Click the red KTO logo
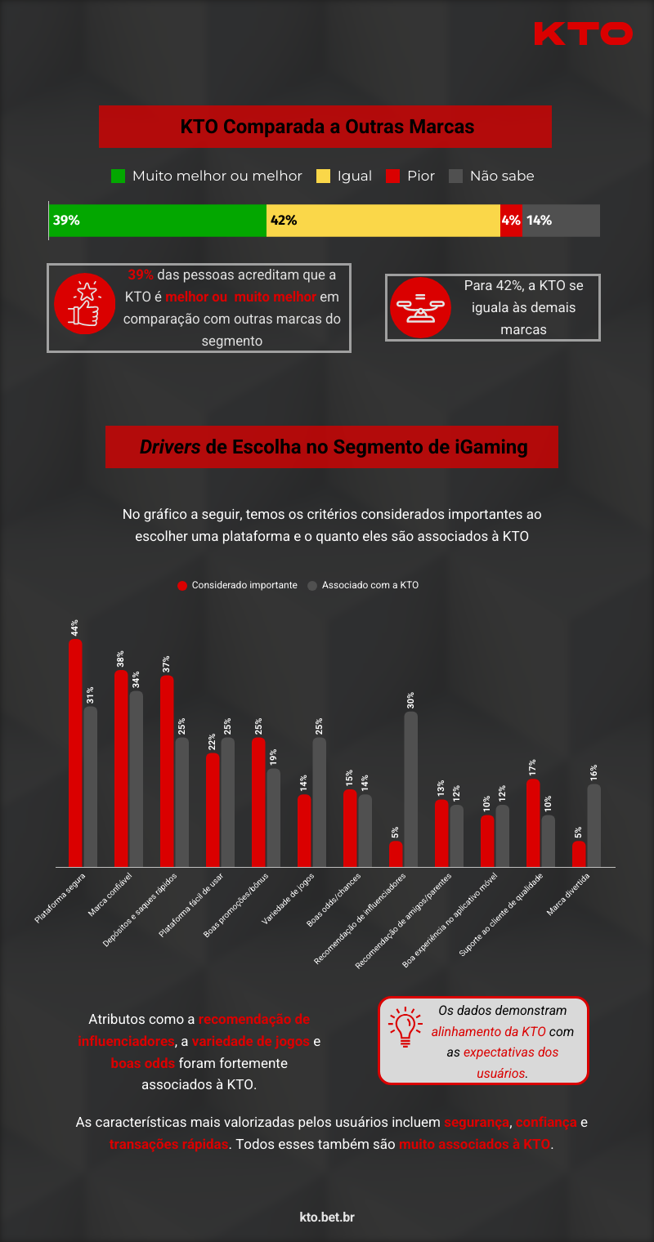tap(583, 34)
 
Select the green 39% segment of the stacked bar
tap(158, 221)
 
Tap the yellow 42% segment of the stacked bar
tap(383, 221)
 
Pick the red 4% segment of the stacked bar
tap(511, 221)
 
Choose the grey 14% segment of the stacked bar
tap(561, 221)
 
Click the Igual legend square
tap(324, 176)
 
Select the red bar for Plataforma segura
tap(75, 753)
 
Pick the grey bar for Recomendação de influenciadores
tap(410, 789)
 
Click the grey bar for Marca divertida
tap(594, 825)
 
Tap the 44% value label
tap(74, 628)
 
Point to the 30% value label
tap(410, 700)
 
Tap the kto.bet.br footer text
tap(327, 1217)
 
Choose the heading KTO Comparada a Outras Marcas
tap(326, 127)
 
